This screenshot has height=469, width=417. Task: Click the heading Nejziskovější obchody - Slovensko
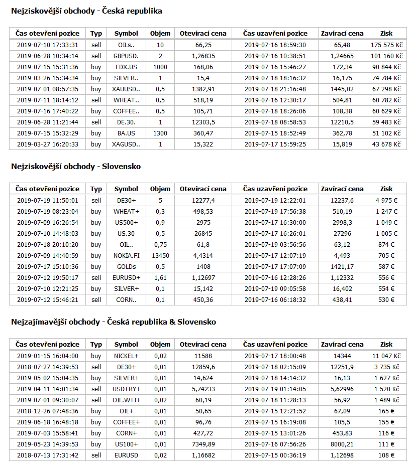(76, 167)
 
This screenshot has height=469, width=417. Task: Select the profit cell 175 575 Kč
(386, 45)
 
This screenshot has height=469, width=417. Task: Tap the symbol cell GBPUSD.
(126, 56)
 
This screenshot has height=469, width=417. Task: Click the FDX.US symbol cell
(126, 67)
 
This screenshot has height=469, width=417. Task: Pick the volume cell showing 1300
(160, 133)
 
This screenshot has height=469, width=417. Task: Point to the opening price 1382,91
(203, 89)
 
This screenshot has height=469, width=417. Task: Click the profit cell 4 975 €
(386, 201)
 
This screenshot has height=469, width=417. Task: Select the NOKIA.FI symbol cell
(126, 256)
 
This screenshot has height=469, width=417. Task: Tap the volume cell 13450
(160, 256)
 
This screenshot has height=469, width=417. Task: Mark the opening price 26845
(203, 234)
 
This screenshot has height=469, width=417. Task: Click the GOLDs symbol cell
(126, 267)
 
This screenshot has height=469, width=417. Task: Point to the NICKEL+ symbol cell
(126, 356)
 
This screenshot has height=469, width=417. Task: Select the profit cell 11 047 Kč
(386, 356)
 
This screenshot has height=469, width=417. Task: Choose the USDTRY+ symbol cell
(126, 389)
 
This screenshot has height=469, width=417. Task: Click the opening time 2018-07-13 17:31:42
(47, 455)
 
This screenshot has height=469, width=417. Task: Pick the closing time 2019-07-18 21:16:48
(275, 89)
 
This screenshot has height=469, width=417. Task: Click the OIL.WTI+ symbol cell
(126, 400)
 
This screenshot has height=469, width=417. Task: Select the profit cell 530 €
(386, 300)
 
